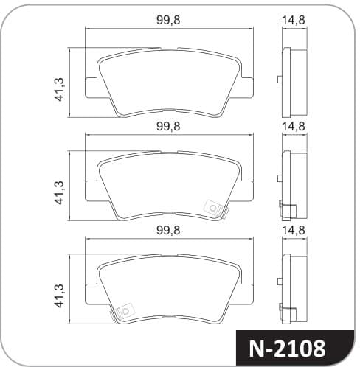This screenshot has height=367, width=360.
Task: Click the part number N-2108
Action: tap(287, 349)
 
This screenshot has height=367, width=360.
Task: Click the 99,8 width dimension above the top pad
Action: tap(168, 20)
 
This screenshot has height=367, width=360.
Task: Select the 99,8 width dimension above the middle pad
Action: tap(168, 126)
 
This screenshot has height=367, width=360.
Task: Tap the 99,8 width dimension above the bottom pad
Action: tap(168, 231)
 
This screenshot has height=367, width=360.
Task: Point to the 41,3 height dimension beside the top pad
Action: tap(59, 89)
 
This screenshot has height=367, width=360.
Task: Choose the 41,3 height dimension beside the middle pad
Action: tap(59, 192)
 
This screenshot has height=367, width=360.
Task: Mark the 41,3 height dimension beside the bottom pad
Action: tap(59, 296)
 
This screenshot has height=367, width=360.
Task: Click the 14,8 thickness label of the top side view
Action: tap(294, 20)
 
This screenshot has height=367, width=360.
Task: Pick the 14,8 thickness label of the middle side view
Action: tap(294, 126)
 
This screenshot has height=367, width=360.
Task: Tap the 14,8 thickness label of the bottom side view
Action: tap(294, 231)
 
